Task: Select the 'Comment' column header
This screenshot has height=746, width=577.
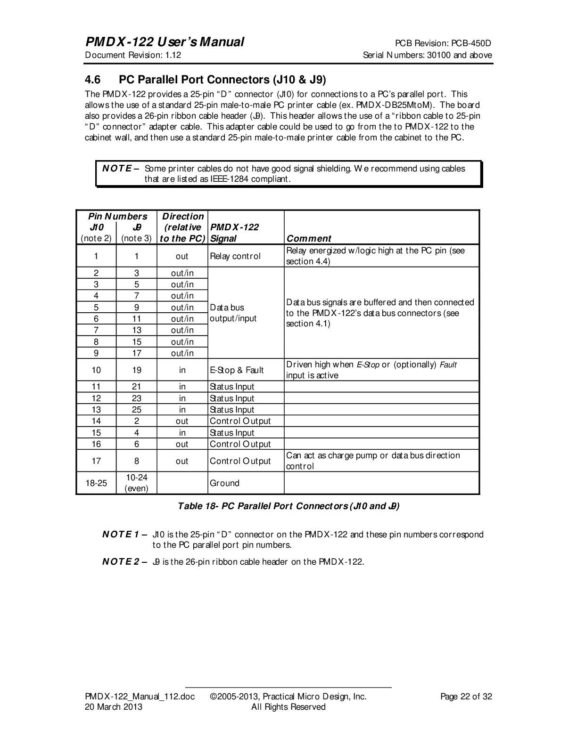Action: [309, 238]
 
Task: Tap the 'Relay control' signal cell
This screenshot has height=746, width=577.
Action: [235, 256]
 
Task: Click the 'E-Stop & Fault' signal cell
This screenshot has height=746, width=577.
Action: [237, 370]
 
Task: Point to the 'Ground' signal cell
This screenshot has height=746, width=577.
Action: [224, 483]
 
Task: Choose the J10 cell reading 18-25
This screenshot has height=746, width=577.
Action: [96, 483]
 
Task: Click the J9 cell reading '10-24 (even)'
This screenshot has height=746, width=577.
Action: [136, 483]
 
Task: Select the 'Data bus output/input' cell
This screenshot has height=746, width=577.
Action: [233, 313]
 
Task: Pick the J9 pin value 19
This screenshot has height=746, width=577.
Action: [137, 370]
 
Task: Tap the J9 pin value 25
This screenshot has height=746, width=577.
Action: [137, 410]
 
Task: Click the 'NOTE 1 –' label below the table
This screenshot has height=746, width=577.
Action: [125, 535]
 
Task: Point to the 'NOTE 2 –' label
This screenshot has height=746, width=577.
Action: [125, 562]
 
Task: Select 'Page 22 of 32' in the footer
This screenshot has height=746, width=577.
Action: [466, 697]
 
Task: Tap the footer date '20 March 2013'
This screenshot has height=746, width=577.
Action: [113, 707]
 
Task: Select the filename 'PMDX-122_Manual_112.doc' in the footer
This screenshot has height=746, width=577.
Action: [140, 697]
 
